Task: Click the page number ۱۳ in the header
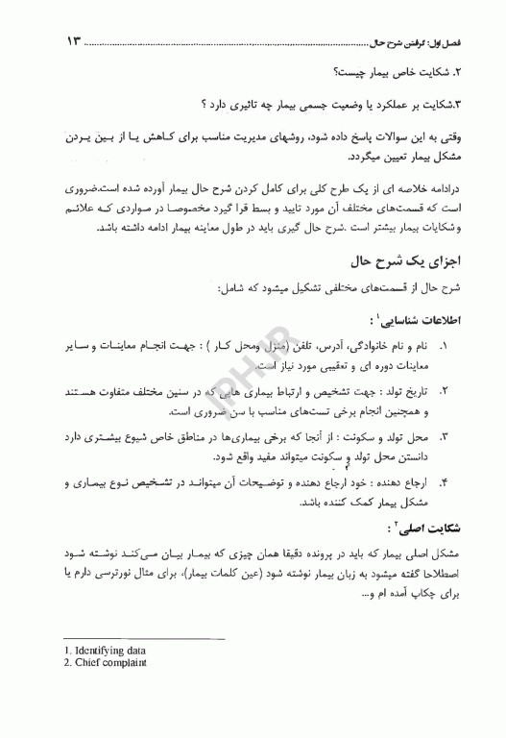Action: click(x=76, y=41)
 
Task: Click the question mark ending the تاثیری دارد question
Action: click(x=205, y=103)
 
